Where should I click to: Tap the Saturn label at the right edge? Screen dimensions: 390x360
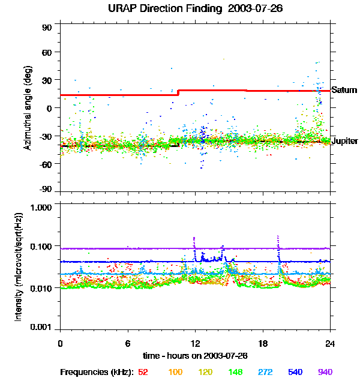(x=344, y=90)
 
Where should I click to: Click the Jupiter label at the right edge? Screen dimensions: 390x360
(x=344, y=141)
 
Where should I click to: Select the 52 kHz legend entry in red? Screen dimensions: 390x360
(x=143, y=372)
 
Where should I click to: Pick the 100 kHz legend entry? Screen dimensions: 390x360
(x=175, y=372)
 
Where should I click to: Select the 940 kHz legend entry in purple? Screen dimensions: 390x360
(x=325, y=372)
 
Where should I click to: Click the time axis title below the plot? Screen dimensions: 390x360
(x=195, y=356)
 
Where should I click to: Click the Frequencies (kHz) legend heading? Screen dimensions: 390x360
(x=96, y=372)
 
